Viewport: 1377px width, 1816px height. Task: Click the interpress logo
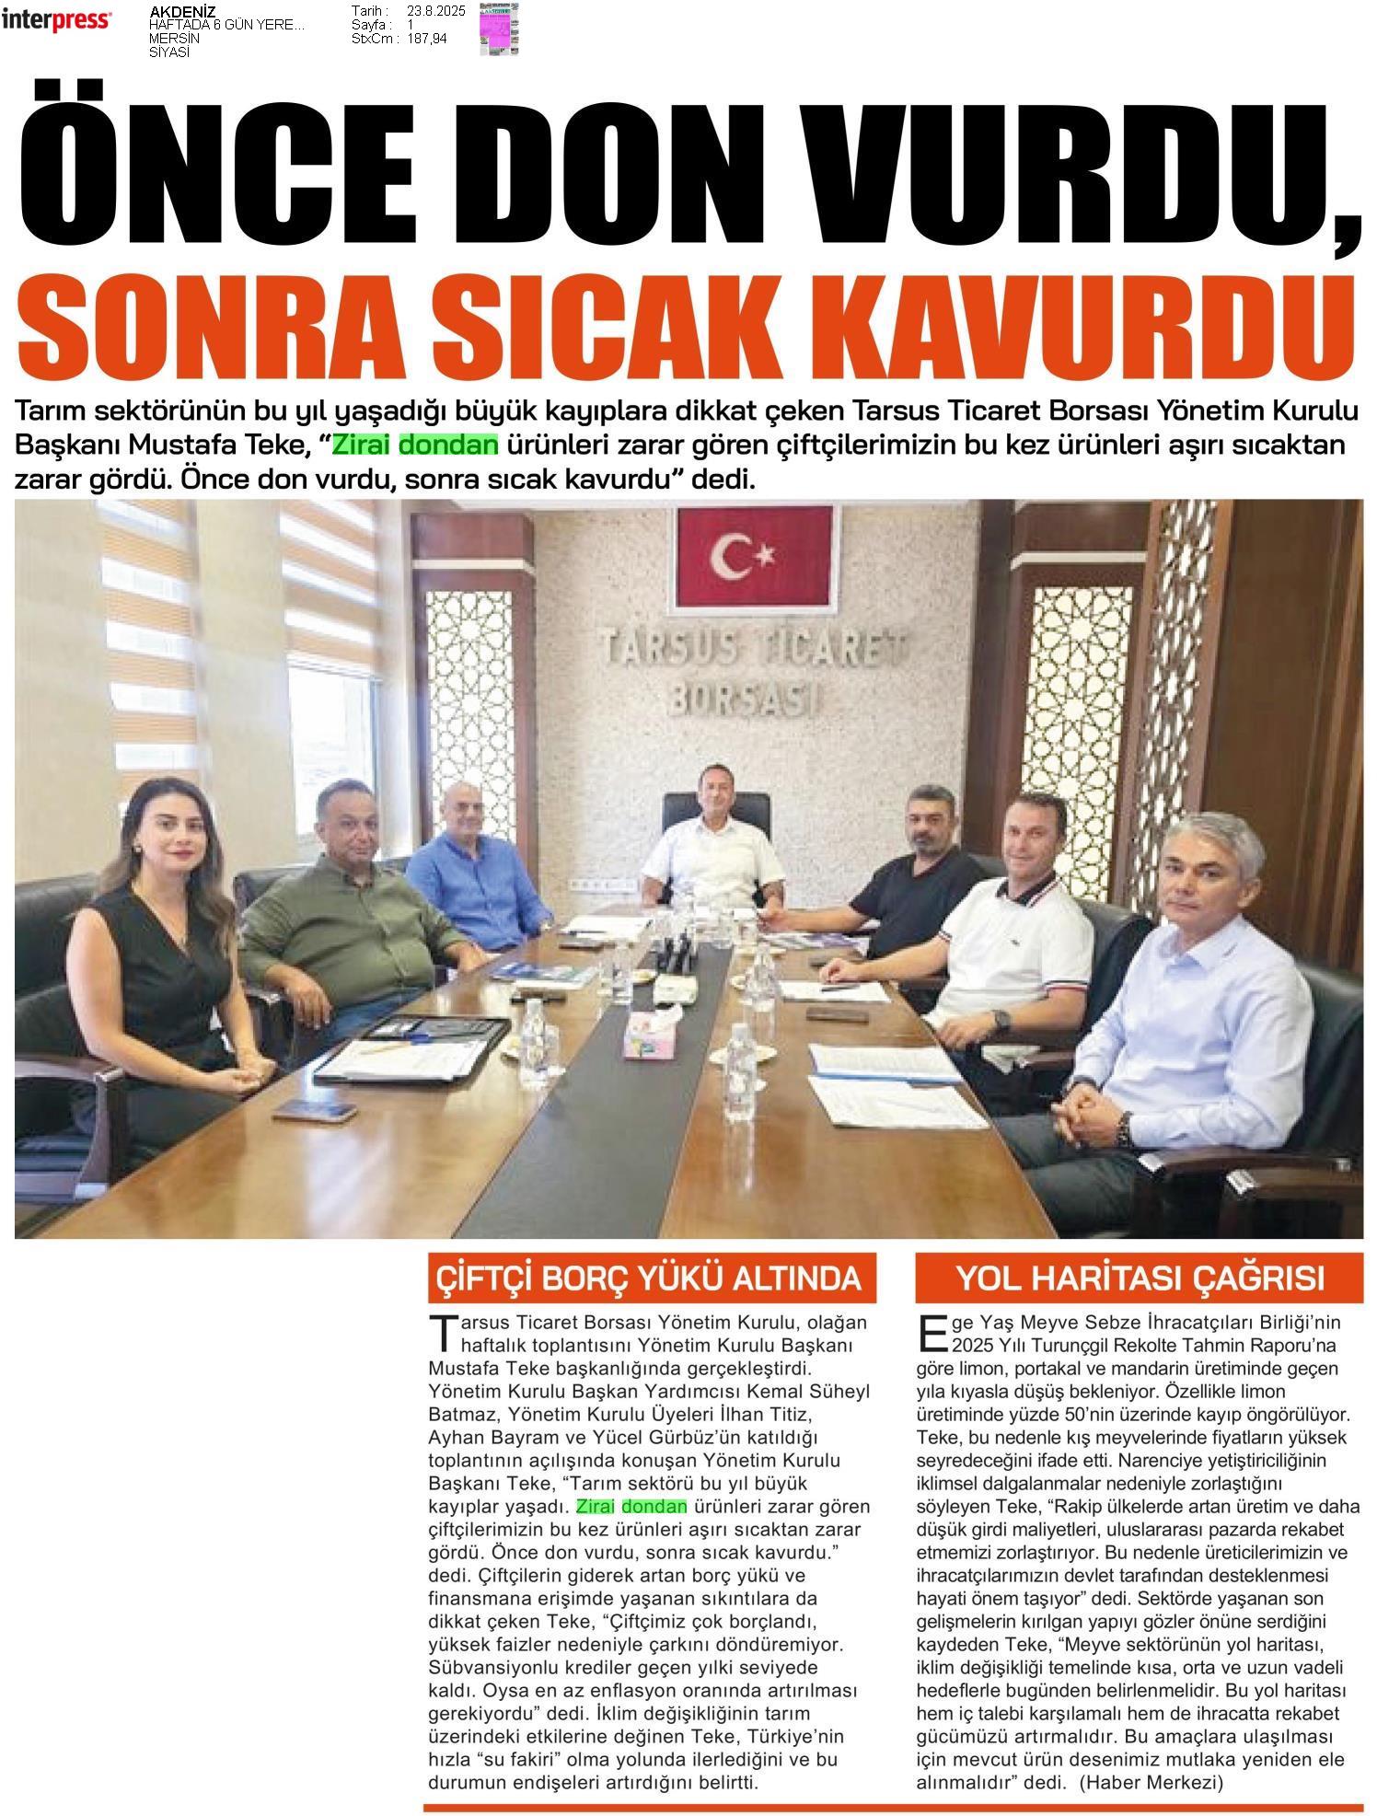point(56,20)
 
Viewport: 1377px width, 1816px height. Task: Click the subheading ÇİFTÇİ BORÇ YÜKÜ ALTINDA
point(650,1278)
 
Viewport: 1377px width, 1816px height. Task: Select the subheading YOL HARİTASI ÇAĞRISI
point(1140,1278)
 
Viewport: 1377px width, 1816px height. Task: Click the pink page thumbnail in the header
point(498,29)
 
